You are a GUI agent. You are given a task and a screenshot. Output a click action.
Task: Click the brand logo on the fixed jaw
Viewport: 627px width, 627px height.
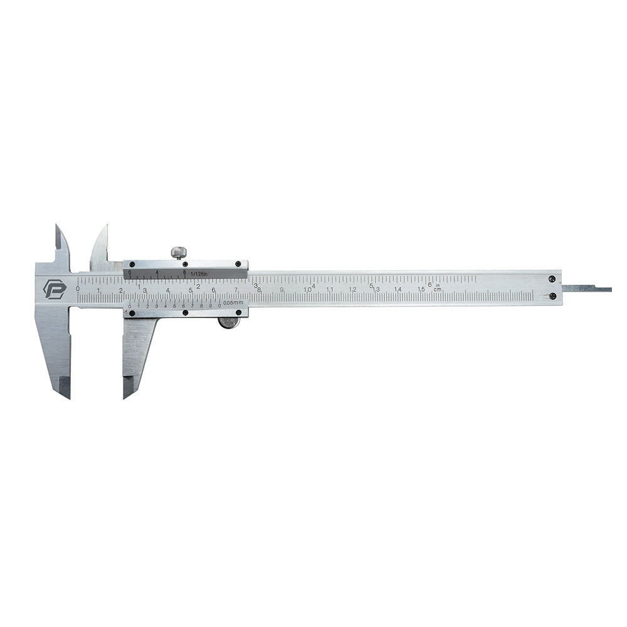54,289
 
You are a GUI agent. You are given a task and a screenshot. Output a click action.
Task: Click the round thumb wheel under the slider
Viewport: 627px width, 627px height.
229,323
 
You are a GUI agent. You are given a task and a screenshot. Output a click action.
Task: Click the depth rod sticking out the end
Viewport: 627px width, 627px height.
586,289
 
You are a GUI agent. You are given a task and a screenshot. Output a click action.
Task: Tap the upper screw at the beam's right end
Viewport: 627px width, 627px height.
551,279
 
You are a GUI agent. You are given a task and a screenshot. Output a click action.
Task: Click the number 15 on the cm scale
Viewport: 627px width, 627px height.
421,290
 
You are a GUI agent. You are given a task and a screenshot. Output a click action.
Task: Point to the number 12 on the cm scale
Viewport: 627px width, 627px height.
352,290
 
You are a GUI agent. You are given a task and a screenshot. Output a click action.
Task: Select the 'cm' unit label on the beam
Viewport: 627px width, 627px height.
438,290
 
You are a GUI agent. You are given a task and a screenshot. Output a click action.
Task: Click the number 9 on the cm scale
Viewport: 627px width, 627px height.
282,290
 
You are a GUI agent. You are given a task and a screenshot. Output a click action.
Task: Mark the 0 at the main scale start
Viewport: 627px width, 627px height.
77,288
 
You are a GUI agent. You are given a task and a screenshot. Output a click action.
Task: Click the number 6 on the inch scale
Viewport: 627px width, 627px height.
429,284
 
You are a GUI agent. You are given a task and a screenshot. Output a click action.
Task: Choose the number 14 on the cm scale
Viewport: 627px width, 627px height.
398,290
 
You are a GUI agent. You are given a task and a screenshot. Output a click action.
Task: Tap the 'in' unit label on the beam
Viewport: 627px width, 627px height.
438,284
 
